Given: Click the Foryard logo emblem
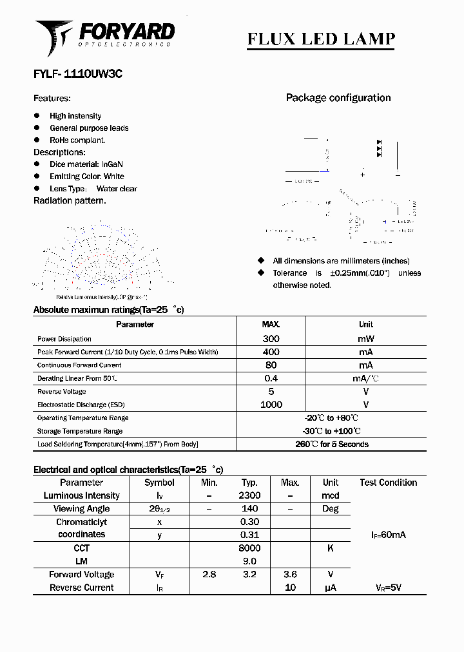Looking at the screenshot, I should (x=53, y=37).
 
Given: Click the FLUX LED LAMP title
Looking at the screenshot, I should (x=321, y=39).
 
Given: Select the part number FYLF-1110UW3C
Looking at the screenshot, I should (x=78, y=74).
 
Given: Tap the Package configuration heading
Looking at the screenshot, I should (x=338, y=98).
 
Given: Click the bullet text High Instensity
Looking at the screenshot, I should (x=75, y=116).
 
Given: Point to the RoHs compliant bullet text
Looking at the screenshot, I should (x=77, y=140).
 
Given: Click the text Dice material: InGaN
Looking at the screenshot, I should (x=86, y=164).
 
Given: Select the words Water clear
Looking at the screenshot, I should (x=117, y=189).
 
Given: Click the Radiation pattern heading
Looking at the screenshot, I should (x=70, y=200).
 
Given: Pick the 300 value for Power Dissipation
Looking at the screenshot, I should (x=271, y=339).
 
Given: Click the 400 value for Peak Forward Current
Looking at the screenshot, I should (x=271, y=352).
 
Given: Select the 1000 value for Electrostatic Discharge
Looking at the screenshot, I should (x=271, y=405).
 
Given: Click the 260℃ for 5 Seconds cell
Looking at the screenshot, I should (x=331, y=445).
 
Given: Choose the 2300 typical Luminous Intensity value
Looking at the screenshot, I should (x=249, y=495).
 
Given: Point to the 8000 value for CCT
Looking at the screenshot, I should (x=249, y=548).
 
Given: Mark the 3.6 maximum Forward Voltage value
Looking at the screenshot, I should (x=290, y=574).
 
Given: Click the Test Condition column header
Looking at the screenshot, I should (x=388, y=483).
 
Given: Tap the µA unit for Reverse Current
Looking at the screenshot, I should (x=331, y=588).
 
